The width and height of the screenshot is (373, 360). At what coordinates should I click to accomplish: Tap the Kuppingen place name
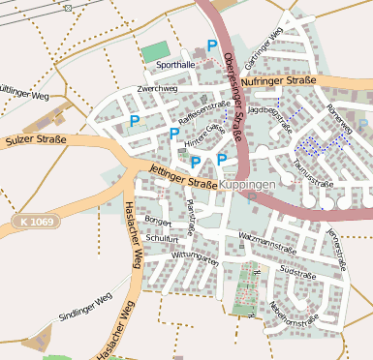(247, 183)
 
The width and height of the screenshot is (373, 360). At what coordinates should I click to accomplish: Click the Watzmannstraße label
(265, 235)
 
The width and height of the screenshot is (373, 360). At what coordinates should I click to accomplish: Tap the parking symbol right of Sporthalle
(211, 45)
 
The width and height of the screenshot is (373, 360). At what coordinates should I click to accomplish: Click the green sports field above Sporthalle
(154, 52)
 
